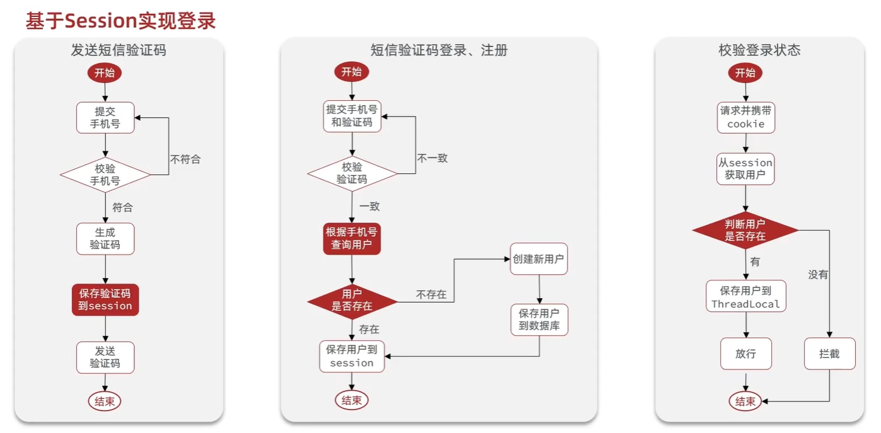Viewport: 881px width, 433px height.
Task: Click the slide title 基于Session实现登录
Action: (x=121, y=21)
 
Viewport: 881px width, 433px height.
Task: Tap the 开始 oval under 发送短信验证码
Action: (x=105, y=72)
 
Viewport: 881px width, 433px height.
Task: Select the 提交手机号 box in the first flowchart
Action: (x=105, y=117)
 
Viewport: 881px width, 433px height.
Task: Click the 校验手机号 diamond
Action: (x=105, y=175)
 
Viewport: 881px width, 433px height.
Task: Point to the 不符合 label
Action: (x=185, y=159)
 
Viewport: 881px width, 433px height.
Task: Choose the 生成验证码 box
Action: (x=105, y=238)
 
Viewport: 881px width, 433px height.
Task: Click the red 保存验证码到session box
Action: (x=105, y=299)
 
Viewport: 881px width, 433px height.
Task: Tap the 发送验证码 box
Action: (x=105, y=357)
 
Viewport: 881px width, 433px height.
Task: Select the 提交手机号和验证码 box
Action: (x=352, y=116)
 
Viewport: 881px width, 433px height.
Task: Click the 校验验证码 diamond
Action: (x=352, y=173)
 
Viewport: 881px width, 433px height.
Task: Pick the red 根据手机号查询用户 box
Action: (x=352, y=238)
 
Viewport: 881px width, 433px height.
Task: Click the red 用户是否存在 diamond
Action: (x=352, y=301)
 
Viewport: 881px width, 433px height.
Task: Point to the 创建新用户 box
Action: (x=539, y=259)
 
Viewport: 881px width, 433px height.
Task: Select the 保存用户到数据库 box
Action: (x=539, y=320)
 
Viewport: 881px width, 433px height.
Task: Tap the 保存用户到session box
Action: (x=352, y=356)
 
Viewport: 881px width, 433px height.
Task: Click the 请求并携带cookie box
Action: (x=745, y=117)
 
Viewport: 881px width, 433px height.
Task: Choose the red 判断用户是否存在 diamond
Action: (x=745, y=230)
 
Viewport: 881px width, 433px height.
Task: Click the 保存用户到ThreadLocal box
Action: (x=745, y=297)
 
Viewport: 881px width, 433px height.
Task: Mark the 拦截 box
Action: (x=829, y=354)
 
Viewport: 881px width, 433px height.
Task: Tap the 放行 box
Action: (x=745, y=354)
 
